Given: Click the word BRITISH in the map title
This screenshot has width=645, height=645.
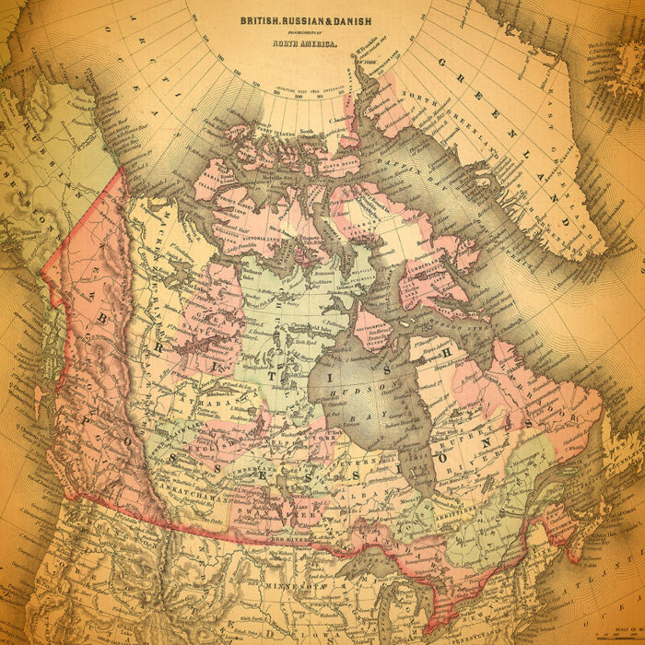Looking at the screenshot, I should [261, 19].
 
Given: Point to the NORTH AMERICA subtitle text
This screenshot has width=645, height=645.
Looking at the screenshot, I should [304, 42].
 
